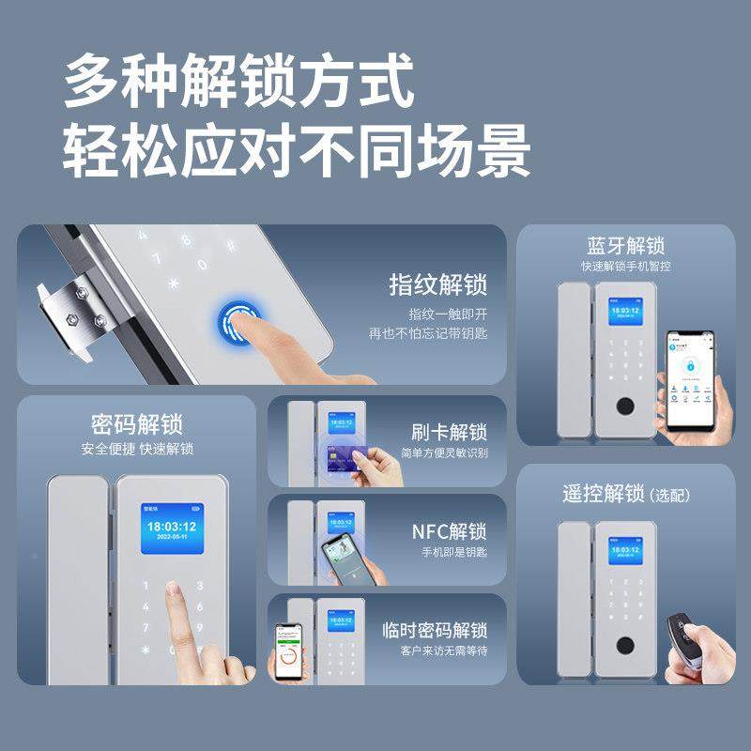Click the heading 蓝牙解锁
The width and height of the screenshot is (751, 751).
coord(625,247)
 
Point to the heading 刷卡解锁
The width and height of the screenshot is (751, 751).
coord(449,433)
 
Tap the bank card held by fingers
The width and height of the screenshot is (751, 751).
coord(343,459)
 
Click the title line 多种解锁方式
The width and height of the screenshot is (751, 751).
coord(238,82)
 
